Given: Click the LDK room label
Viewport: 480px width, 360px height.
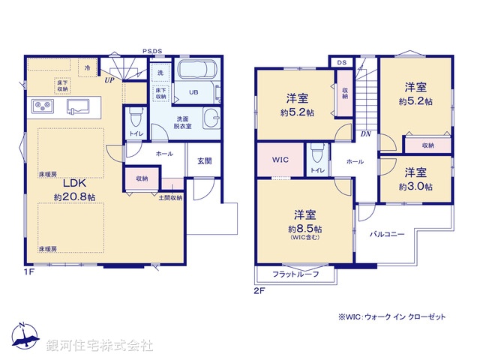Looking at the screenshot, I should (74, 182).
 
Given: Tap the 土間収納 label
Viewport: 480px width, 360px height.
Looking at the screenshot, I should (170, 197).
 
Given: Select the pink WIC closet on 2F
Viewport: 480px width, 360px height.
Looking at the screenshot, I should (280, 160).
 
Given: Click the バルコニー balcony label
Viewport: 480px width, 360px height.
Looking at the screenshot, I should (387, 234).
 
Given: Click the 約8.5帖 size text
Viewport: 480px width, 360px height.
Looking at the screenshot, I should (305, 229).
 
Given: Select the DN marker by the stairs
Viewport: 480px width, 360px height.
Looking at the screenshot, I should (365, 133).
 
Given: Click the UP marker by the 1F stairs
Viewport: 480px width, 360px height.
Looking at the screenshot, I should (110, 79).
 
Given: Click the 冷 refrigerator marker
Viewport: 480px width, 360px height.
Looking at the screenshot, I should (87, 67).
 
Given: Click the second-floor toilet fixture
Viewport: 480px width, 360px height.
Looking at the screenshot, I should (317, 157).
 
